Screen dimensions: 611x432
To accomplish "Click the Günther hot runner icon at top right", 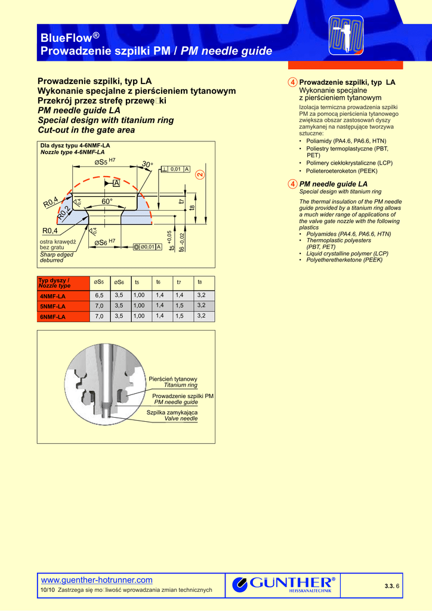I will pos(346,34).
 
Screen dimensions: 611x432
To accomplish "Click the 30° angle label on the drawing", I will pos(147,165).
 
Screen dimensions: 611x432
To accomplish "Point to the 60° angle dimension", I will pos(107,202).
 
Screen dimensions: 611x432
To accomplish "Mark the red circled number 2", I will pos(199,175).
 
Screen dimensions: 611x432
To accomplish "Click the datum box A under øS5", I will pos(116,183).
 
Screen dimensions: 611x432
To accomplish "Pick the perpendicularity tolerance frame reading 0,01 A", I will pos(175,169).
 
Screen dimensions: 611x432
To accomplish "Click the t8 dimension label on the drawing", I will pos(192,208).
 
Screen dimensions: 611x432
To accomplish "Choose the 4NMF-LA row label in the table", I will pos(53,296).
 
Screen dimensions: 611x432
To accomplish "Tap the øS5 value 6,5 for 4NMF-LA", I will pos(99,295).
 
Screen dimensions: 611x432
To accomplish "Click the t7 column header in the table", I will pos(178,282).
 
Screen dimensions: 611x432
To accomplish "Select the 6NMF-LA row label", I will pos(53,317).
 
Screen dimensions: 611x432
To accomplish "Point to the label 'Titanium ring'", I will pos(180,385).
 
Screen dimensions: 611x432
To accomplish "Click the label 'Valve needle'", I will pos(181,419).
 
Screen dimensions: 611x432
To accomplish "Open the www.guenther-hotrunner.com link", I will pos(96,580).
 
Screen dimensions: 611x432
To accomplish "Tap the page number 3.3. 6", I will pos(392,586).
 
